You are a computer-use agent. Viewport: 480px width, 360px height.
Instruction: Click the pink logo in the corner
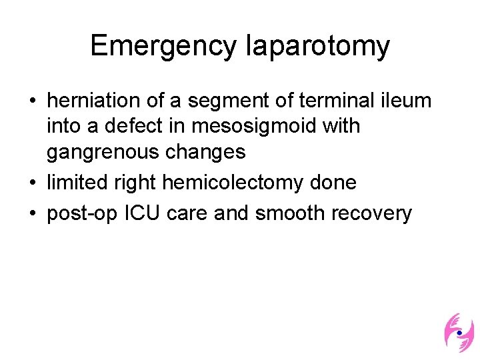(x=459, y=331)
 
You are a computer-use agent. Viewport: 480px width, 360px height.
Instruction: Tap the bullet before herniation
(x=32, y=101)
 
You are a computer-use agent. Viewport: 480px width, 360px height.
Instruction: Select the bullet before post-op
(x=32, y=214)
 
